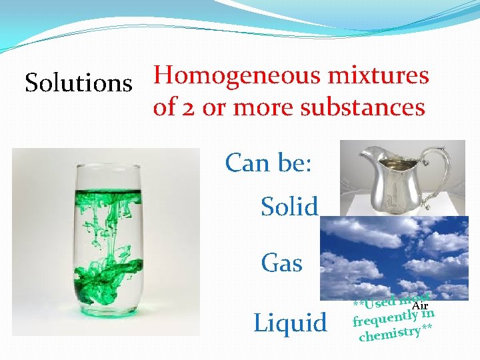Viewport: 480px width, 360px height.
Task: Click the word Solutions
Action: (79, 83)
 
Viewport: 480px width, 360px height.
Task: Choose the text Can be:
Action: (268, 162)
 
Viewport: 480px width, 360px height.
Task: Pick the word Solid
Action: (290, 207)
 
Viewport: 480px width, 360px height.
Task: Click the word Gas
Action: (282, 263)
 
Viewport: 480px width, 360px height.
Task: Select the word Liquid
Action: (291, 323)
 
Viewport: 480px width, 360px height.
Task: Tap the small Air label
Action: (420, 305)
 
